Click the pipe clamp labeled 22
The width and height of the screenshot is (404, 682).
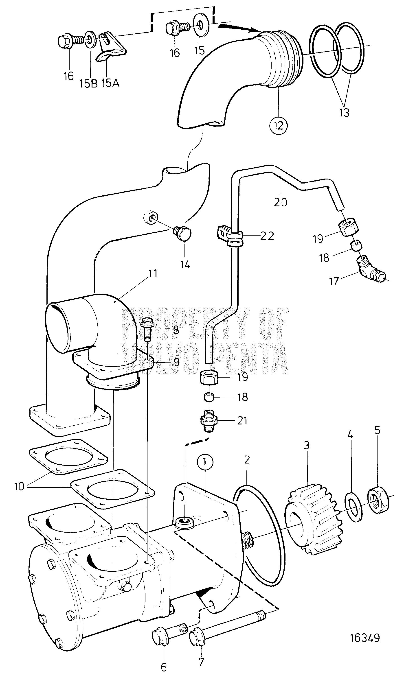(x=231, y=236)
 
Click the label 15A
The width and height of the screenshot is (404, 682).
(x=110, y=83)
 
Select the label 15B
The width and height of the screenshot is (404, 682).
(x=88, y=83)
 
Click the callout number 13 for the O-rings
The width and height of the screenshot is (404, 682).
(x=344, y=112)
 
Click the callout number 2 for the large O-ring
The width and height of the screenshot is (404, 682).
(x=247, y=459)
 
